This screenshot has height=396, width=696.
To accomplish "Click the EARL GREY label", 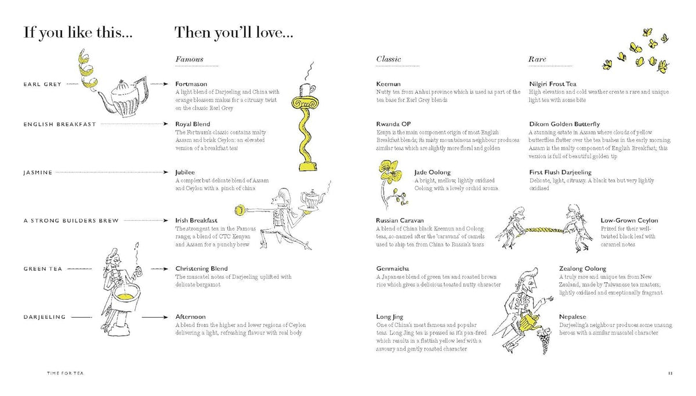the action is coord(42,84).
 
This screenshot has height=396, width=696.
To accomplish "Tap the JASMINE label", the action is coord(38,173).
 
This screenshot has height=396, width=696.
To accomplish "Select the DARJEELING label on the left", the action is coord(45,317).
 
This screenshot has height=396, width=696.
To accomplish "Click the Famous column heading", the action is coord(189,59).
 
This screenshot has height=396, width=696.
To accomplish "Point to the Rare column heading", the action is coord(537,59).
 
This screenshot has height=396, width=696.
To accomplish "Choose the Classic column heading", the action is coord(389,59).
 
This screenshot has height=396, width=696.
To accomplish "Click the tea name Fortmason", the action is coord(191,84).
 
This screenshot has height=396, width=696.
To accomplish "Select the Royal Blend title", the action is coord(193,124).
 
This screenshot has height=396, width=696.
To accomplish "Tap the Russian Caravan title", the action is coord(400,220).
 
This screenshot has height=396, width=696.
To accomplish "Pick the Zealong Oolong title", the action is coord(582,268).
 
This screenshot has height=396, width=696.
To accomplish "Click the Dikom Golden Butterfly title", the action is coord(564,124).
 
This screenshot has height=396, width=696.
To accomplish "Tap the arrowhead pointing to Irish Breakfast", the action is coord(166,220).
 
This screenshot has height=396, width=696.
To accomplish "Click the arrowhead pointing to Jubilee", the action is coord(166,172).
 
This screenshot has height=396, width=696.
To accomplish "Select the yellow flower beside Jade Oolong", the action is coord(390,171).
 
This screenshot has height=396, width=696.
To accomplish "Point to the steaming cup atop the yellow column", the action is coord(308,89).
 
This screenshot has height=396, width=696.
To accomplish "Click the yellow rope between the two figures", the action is coord(544,231).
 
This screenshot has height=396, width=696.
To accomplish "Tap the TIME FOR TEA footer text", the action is coord(65,373).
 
